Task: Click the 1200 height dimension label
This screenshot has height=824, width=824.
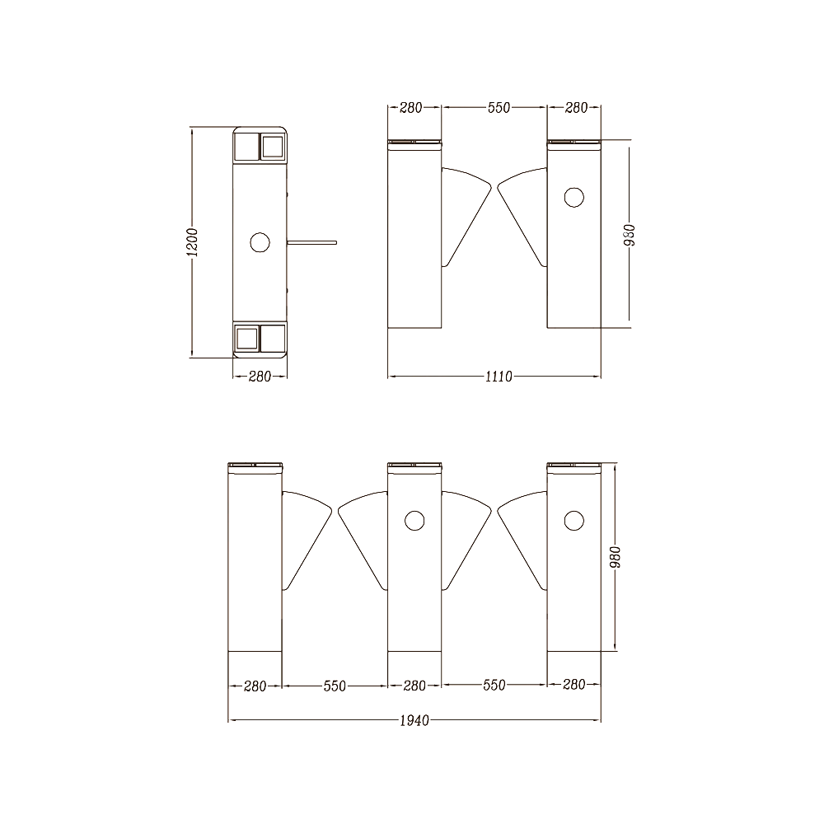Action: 193,242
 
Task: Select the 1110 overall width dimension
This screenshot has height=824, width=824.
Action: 499,377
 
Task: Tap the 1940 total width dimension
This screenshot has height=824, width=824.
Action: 414,720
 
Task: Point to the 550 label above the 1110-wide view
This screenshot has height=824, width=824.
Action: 499,108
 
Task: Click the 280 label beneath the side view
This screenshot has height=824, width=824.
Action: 260,377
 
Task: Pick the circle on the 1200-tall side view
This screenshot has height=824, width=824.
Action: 260,242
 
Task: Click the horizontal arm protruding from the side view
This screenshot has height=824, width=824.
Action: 311,242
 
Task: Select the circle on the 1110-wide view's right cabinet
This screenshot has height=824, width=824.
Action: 574,197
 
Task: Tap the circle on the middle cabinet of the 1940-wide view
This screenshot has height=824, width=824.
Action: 414,521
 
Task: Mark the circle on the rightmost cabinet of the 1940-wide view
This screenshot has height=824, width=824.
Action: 574,521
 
